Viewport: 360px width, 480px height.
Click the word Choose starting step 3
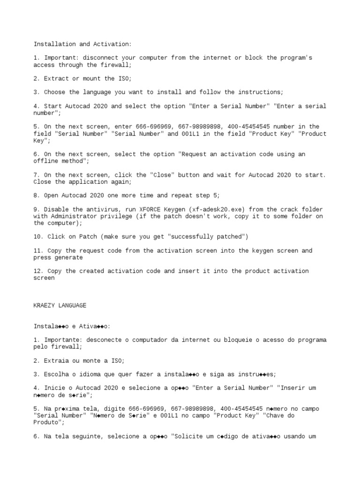(x=56, y=92)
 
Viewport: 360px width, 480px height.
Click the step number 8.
(x=36, y=195)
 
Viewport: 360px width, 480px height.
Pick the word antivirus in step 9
(x=100, y=209)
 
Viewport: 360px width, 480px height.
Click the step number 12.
(x=37, y=271)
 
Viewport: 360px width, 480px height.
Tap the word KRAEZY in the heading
(x=44, y=305)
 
